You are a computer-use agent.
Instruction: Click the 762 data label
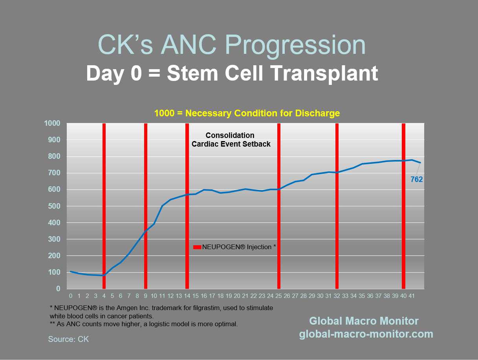point(416,180)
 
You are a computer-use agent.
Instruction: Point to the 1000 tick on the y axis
point(53,123)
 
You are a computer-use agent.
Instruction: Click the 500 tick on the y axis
point(54,206)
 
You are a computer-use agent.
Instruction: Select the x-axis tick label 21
point(245,296)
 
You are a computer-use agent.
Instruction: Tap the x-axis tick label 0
point(71,296)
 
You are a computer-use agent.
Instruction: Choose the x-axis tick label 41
point(412,296)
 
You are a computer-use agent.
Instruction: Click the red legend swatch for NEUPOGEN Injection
point(197,247)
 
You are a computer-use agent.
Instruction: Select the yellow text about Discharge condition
point(247,114)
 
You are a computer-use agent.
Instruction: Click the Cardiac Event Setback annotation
point(231,144)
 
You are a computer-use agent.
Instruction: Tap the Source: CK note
point(68,339)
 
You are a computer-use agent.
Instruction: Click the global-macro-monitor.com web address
point(366,334)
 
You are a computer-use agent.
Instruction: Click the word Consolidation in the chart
point(230,136)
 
